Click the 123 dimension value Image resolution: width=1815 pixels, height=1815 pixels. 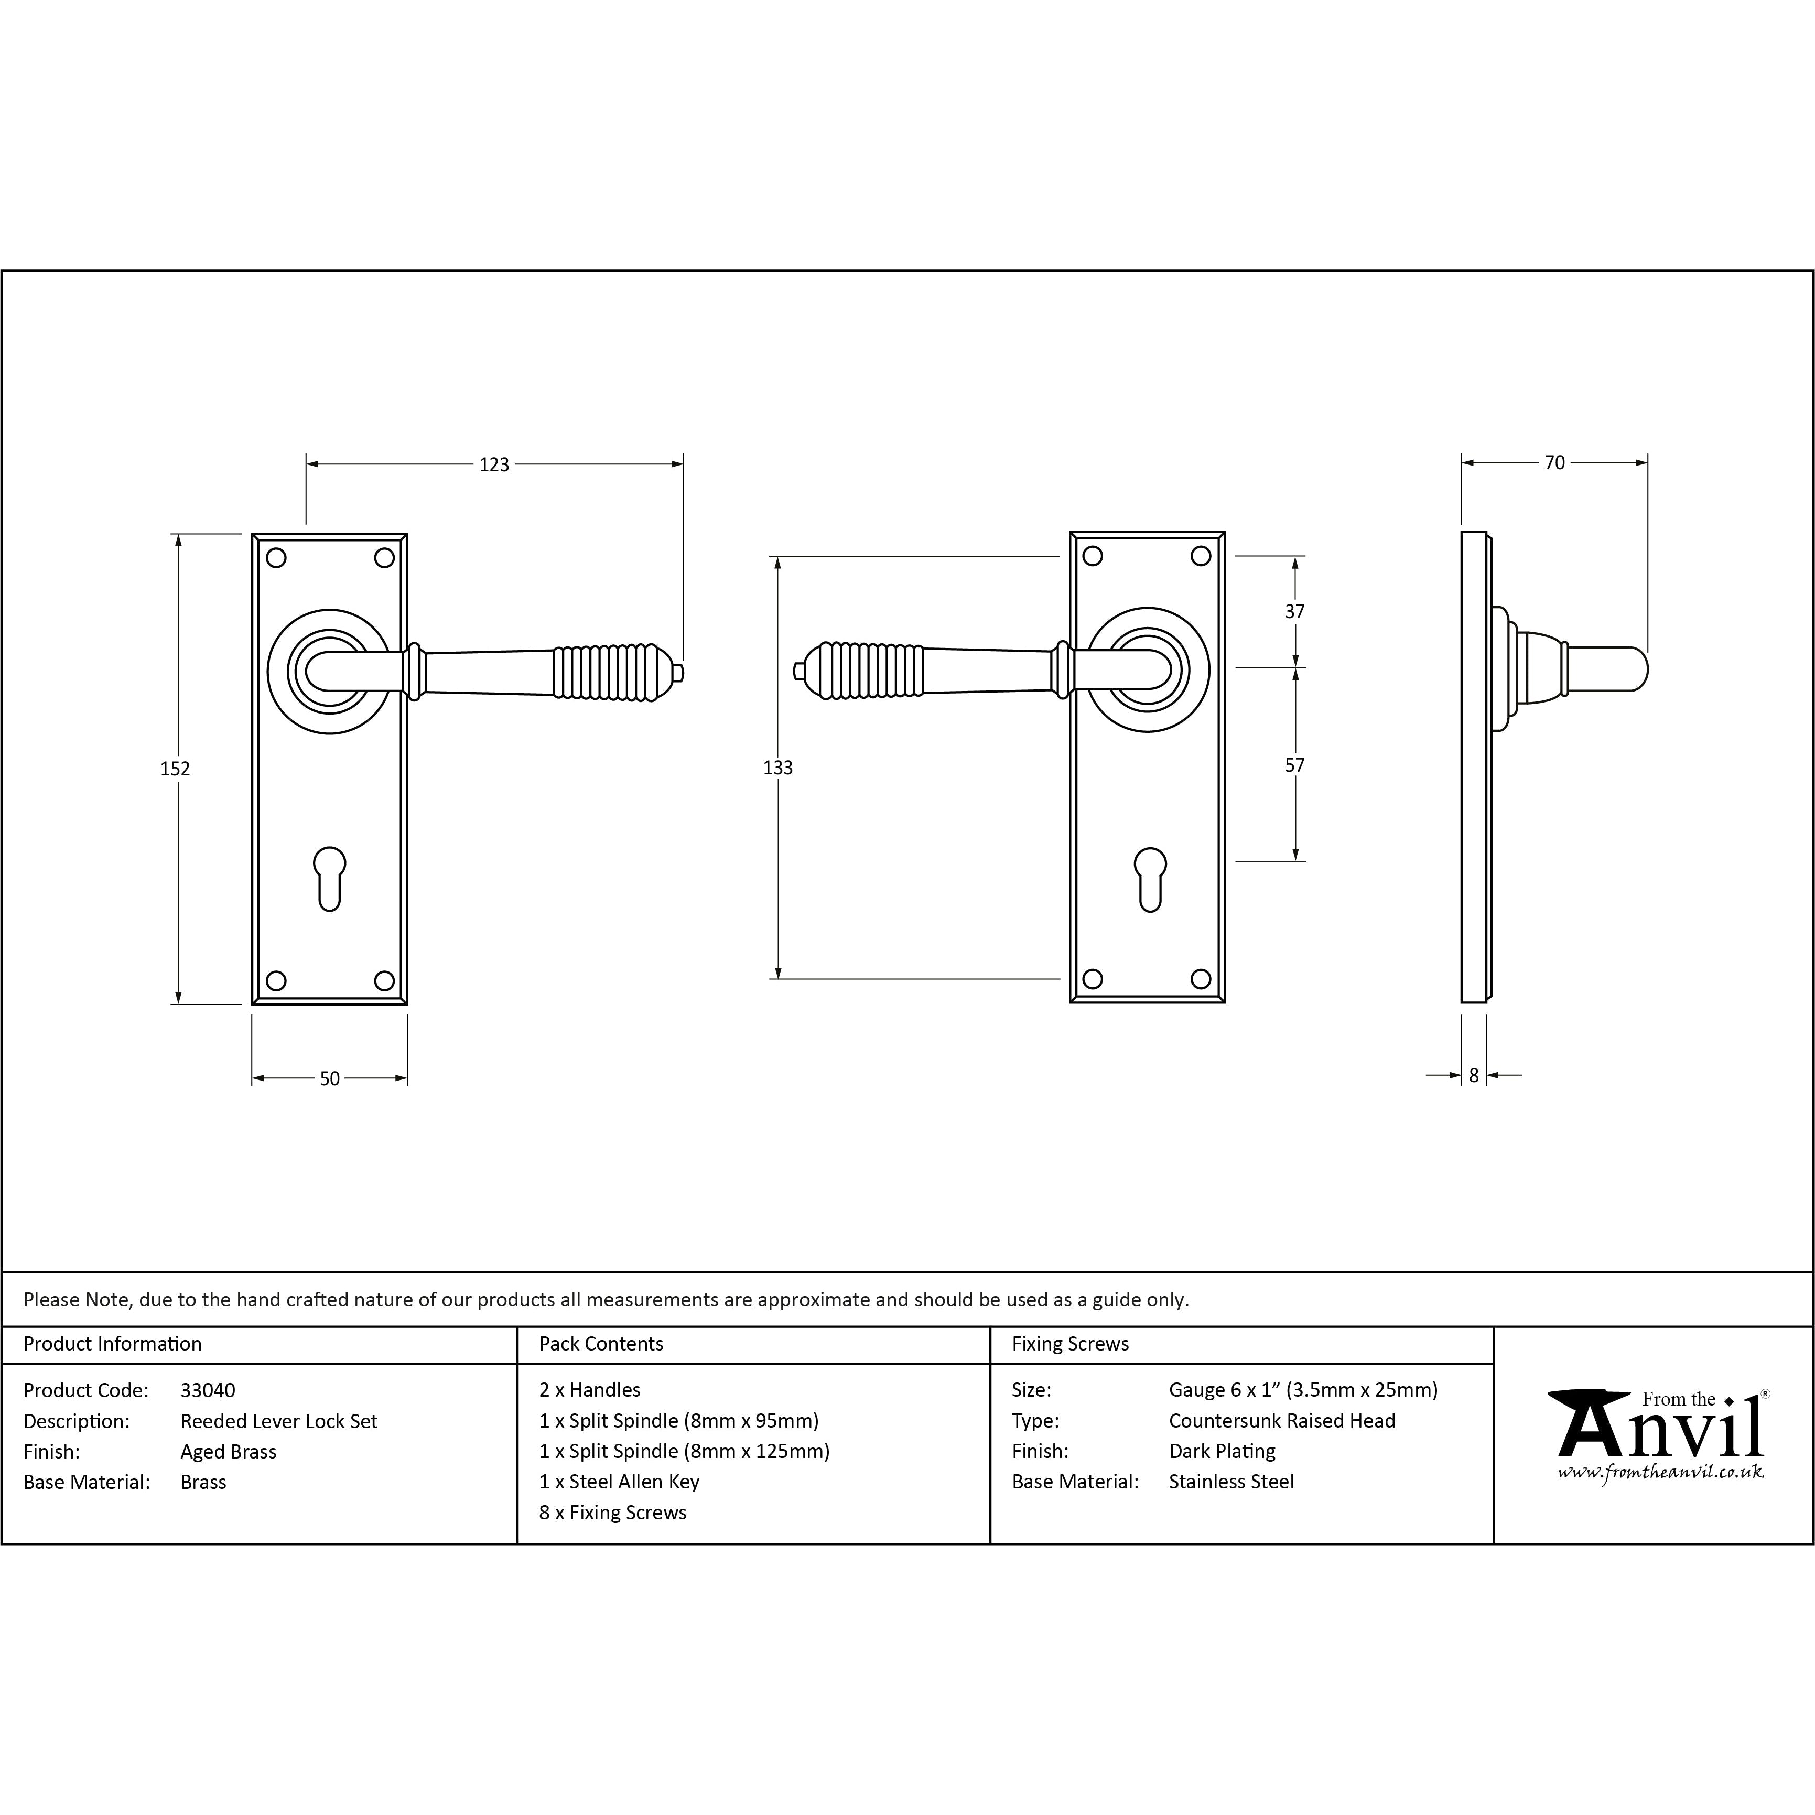point(494,464)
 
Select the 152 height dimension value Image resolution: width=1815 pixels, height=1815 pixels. point(175,769)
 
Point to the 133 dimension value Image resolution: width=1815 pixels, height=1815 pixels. point(778,768)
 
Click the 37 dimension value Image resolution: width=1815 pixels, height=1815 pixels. point(1294,612)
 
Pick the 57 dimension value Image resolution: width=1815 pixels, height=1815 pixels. point(1294,765)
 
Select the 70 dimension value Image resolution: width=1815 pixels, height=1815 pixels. point(1555,463)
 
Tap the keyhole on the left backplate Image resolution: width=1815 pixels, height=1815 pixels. point(330,878)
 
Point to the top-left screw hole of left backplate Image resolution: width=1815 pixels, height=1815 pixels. point(276,558)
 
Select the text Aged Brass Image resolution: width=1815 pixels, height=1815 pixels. point(228,1452)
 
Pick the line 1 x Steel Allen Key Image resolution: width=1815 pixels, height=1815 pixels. point(619,1482)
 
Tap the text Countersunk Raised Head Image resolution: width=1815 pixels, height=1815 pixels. point(1281,1420)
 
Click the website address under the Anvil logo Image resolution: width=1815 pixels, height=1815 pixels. point(1660,1472)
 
